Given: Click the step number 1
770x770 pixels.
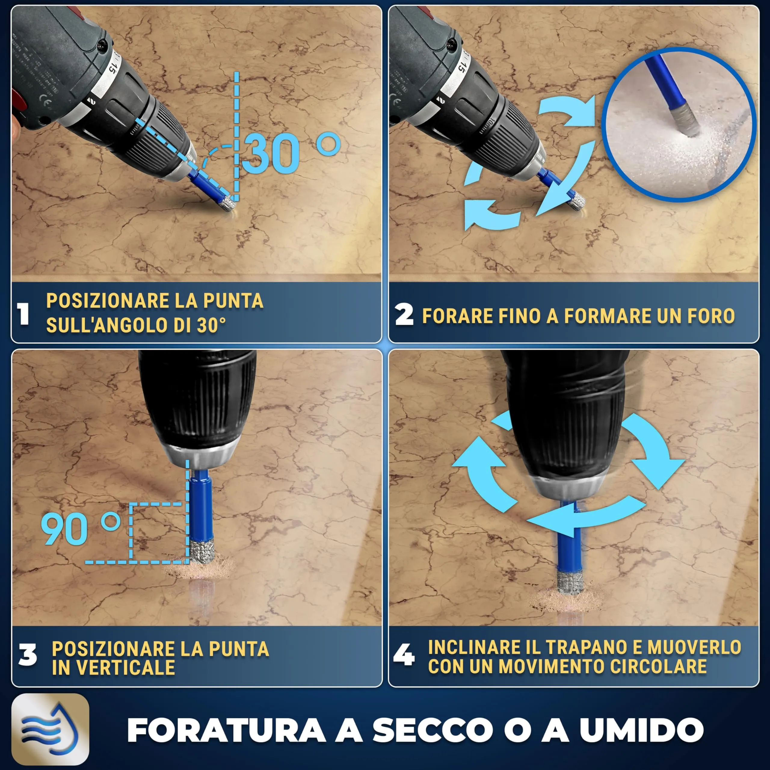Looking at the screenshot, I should (24, 314).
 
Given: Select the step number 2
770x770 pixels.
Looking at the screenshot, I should (404, 315).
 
